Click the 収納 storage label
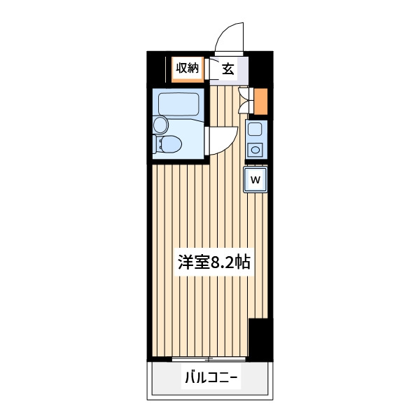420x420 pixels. click(x=187, y=68)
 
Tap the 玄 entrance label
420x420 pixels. click(x=228, y=69)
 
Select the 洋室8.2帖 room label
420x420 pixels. click(x=214, y=262)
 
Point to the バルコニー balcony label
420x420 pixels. click(x=211, y=378)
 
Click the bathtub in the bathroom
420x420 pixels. click(x=178, y=104)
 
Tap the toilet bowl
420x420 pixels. click(x=167, y=144)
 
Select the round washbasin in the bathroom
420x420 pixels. click(x=160, y=125)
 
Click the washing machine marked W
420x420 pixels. click(x=255, y=179)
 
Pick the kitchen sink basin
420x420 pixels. click(x=255, y=129)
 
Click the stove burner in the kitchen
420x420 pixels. click(x=255, y=150)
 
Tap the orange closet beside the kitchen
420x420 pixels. click(x=260, y=101)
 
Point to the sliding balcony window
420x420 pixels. click(x=209, y=359)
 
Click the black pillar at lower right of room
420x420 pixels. click(x=260, y=339)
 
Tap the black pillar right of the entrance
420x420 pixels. click(x=260, y=69)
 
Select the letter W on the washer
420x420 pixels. click(x=255, y=179)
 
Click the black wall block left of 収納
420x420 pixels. click(x=156, y=69)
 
